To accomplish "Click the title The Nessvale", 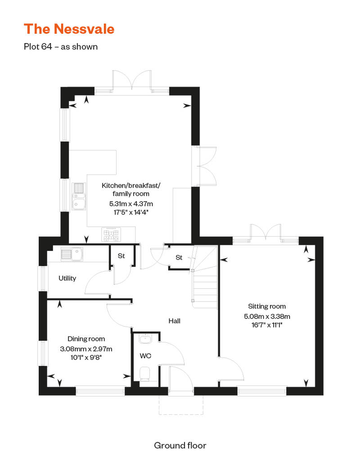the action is pos(69,29).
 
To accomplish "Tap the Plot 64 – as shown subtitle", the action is pos(61,47).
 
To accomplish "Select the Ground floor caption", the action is pos(180,445).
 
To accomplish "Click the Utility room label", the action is pos(67,278).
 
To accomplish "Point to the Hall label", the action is pos(174,321).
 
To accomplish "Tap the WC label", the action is pos(145,356).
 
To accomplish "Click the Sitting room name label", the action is pos(267,306).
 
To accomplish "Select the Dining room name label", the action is pos(86,339).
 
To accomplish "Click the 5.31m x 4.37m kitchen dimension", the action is pos(131,204).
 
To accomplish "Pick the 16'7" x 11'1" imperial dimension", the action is pos(267,325).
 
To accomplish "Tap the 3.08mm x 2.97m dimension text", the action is pos(86,349).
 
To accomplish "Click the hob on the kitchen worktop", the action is pos(111,235).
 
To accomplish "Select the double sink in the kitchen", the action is pos(79,197).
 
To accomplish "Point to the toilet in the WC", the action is pos(145,374).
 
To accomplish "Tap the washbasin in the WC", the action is pos(145,339).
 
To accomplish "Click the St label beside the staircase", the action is pos(179,257).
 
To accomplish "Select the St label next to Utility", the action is pos(121,256).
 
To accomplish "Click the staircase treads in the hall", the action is pos(205,288).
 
